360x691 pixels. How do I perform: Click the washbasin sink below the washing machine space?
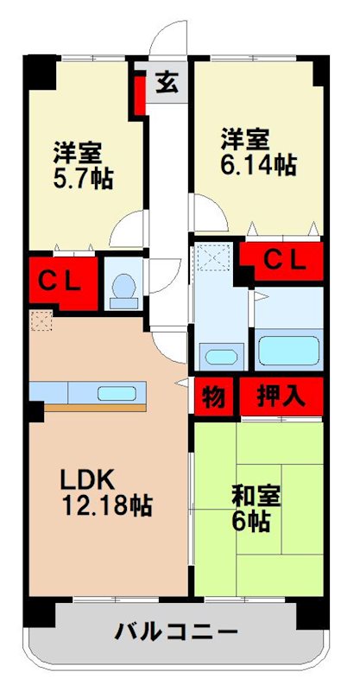click(222, 356)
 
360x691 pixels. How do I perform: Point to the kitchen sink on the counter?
click(116, 394)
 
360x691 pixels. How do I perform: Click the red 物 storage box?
click(214, 397)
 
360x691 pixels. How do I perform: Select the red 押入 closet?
click(281, 397)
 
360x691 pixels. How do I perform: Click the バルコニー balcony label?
click(177, 632)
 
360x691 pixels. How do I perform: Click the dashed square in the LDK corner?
click(40, 320)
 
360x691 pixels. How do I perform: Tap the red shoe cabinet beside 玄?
click(139, 94)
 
